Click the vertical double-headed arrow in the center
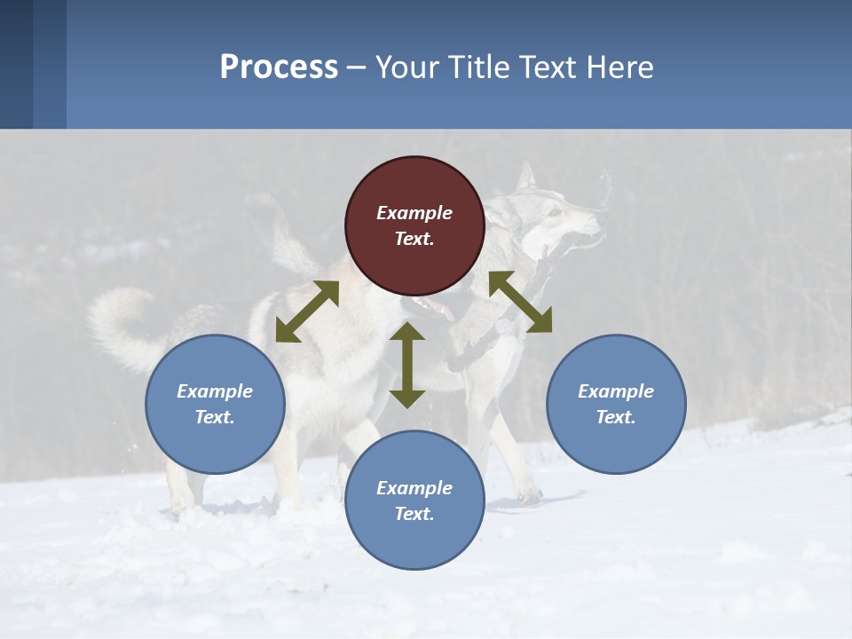(x=407, y=365)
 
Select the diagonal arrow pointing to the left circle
(x=307, y=312)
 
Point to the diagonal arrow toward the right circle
(x=520, y=302)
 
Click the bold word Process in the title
(x=279, y=67)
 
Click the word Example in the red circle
(x=414, y=213)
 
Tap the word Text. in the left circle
(x=215, y=417)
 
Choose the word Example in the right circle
(x=616, y=391)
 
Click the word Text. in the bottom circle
(x=414, y=514)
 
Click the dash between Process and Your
(x=357, y=67)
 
